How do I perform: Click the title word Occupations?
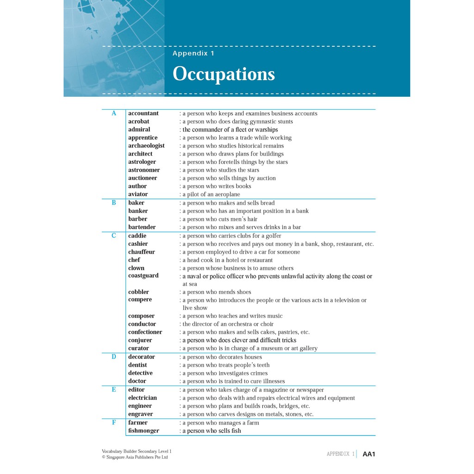pyautogui.click(x=224, y=75)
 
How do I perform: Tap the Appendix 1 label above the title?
pyautogui.click(x=193, y=53)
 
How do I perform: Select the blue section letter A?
pyautogui.click(x=114, y=113)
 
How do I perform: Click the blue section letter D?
pyautogui.click(x=114, y=357)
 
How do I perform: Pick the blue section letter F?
pyautogui.click(x=114, y=423)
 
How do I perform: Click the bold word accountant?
pyautogui.click(x=143, y=113)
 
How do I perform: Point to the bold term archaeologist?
pyautogui.click(x=146, y=146)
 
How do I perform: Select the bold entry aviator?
pyautogui.click(x=138, y=194)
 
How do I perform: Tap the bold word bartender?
pyautogui.click(x=142, y=227)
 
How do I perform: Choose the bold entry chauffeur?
pyautogui.click(x=142, y=252)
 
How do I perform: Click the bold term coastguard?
pyautogui.click(x=143, y=276)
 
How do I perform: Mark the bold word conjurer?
pyautogui.click(x=140, y=340)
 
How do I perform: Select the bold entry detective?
pyautogui.click(x=140, y=373)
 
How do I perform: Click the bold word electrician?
pyautogui.click(x=143, y=398)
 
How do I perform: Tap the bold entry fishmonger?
pyautogui.click(x=143, y=431)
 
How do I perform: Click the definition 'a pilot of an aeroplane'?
pyautogui.click(x=211, y=194)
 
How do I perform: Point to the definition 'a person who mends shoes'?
pyautogui.click(x=217, y=292)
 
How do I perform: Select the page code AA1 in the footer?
pyautogui.click(x=369, y=454)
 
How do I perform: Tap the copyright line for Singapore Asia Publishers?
pyautogui.click(x=135, y=457)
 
